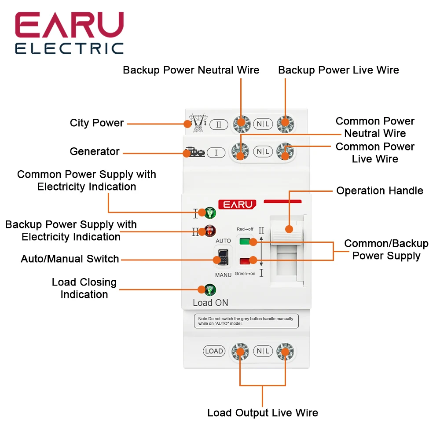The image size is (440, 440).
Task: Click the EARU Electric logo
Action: click(x=70, y=33)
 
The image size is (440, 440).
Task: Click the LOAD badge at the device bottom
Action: click(x=214, y=351)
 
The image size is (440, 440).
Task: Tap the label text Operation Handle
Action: click(x=379, y=191)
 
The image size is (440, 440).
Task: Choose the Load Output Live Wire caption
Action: click(x=262, y=413)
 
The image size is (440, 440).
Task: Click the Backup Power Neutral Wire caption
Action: click(x=191, y=70)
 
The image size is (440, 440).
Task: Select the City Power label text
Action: click(x=97, y=123)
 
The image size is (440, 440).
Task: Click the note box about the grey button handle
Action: click(x=246, y=321)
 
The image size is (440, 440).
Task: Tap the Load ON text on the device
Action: click(x=210, y=303)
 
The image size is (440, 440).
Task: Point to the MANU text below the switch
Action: click(x=223, y=275)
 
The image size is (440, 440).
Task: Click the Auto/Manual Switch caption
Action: click(x=70, y=259)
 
